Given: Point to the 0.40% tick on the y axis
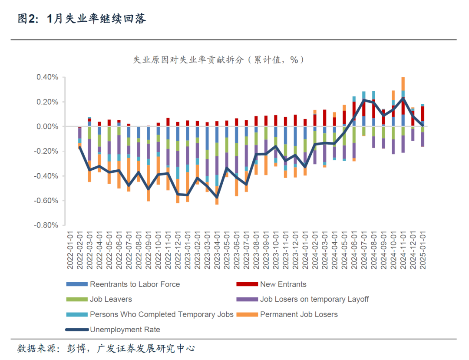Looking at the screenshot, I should click(46, 78).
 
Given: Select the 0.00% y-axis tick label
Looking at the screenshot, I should click(46, 127).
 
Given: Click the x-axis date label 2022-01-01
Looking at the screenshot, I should click(70, 250).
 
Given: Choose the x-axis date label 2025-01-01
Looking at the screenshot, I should click(423, 250).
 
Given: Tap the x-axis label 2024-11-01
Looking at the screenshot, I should click(403, 250).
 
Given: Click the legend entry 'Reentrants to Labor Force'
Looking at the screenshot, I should click(135, 284).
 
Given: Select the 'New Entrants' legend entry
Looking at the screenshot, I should click(283, 284).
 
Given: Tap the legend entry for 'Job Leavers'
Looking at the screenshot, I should click(111, 299).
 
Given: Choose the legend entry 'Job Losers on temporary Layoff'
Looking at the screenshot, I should click(314, 299).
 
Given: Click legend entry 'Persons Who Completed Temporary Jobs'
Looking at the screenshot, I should click(162, 314).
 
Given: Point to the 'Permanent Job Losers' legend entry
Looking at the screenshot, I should click(299, 314).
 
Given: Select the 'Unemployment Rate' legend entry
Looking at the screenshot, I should click(125, 330).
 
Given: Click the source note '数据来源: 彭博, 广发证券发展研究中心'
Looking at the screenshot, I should click(106, 348).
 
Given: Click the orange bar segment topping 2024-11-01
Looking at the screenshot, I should click(403, 84).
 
